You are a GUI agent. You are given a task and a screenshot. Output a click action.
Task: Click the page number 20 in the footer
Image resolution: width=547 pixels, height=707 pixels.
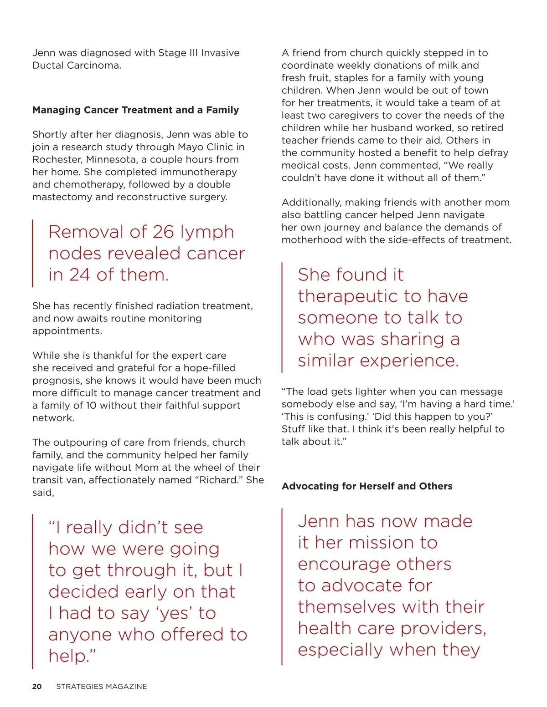[37, 687]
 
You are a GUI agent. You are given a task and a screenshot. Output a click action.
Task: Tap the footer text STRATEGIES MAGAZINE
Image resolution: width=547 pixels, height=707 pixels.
[102, 687]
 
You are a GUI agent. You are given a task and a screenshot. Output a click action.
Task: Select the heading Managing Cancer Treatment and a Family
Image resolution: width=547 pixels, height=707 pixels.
[135, 110]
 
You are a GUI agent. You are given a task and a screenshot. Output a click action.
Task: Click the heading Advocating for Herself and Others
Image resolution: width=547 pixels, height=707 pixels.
[367, 486]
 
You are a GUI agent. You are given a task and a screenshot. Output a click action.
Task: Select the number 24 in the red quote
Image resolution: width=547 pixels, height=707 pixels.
[79, 275]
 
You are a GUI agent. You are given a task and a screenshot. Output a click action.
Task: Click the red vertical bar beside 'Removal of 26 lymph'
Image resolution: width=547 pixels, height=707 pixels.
[33, 253]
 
